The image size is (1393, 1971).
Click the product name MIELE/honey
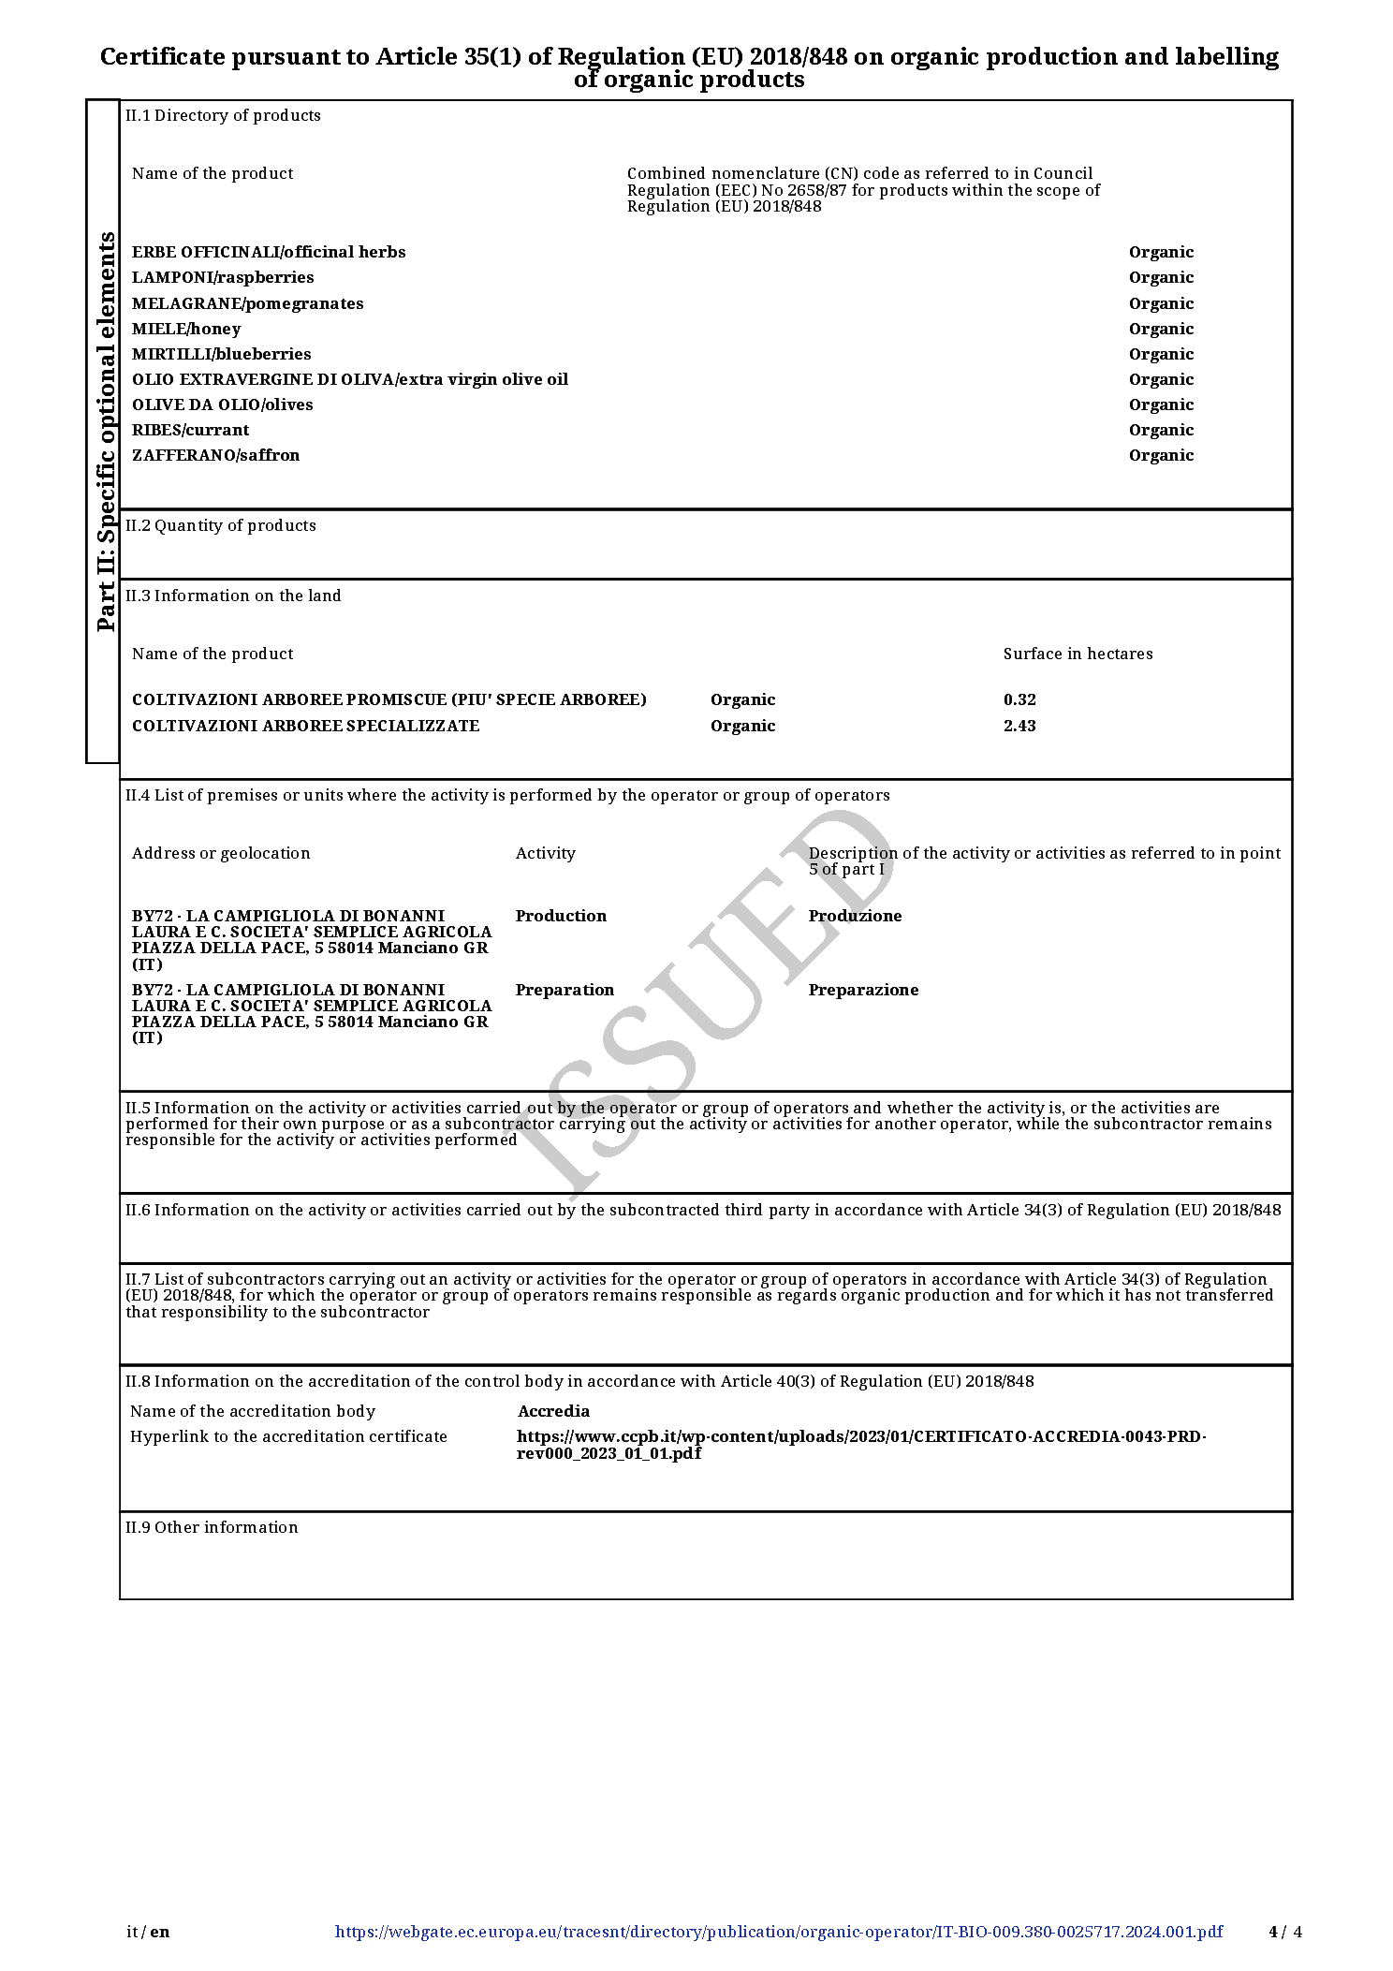186,329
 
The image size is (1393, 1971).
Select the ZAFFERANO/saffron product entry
215,455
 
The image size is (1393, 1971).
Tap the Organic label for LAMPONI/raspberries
1161,277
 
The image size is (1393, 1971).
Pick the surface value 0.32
1019,699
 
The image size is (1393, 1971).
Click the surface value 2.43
1019,726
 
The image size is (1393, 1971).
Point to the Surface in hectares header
1078,654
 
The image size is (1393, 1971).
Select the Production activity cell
561,916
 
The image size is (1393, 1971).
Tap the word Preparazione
863,990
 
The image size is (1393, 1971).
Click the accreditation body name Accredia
553,1411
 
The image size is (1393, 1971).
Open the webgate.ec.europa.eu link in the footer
778,1932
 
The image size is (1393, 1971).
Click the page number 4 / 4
1285,1932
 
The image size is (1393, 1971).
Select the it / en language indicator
149,1932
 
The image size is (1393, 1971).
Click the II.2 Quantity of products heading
221,525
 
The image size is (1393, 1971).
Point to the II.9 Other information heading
212,1527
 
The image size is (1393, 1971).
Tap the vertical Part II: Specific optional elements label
105,431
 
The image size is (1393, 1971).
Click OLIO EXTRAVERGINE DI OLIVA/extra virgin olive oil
350,379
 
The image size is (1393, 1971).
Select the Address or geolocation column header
221,853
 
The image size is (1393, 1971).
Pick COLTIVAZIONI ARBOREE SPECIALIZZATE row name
305,726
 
